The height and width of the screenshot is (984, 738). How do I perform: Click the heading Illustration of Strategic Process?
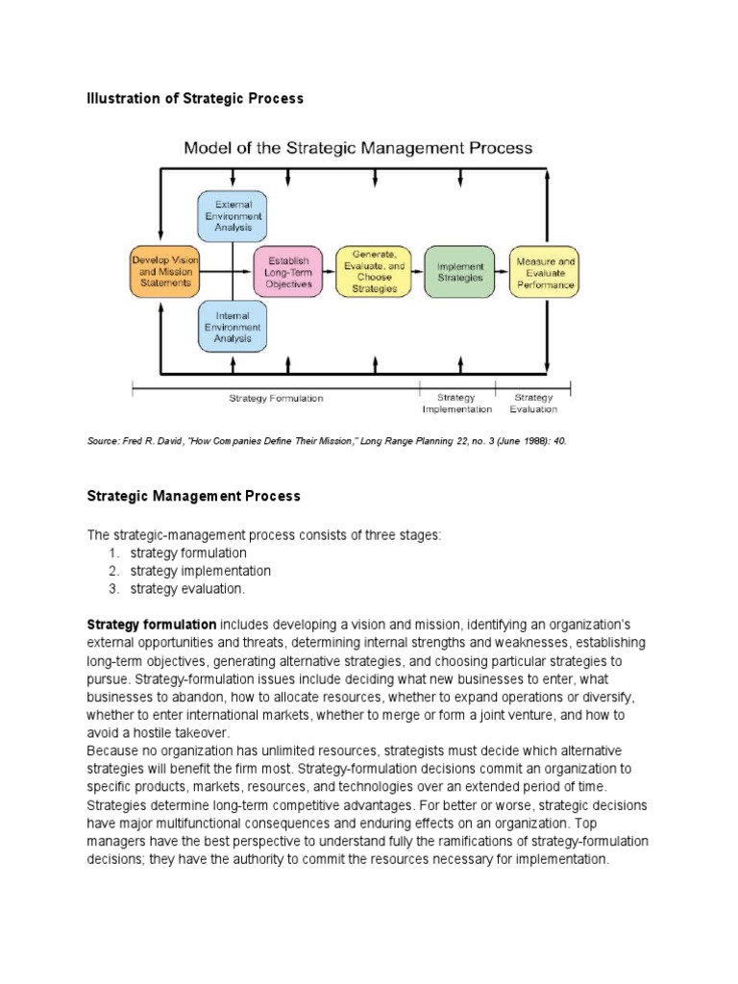(195, 98)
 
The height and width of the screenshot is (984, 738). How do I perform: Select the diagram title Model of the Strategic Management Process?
(357, 148)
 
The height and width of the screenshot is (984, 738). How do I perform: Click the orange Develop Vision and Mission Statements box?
(162, 272)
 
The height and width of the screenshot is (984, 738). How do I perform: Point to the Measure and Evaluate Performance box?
(545, 272)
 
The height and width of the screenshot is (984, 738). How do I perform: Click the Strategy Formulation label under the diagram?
(276, 398)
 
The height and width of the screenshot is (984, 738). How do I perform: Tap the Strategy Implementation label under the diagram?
(456, 403)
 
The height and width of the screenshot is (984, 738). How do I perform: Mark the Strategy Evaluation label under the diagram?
(533, 403)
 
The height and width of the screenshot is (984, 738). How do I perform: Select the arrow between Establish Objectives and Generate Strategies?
(328, 272)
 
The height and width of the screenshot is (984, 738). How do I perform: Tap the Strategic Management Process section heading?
(193, 496)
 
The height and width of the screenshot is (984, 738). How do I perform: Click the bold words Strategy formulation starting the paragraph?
(151, 625)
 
